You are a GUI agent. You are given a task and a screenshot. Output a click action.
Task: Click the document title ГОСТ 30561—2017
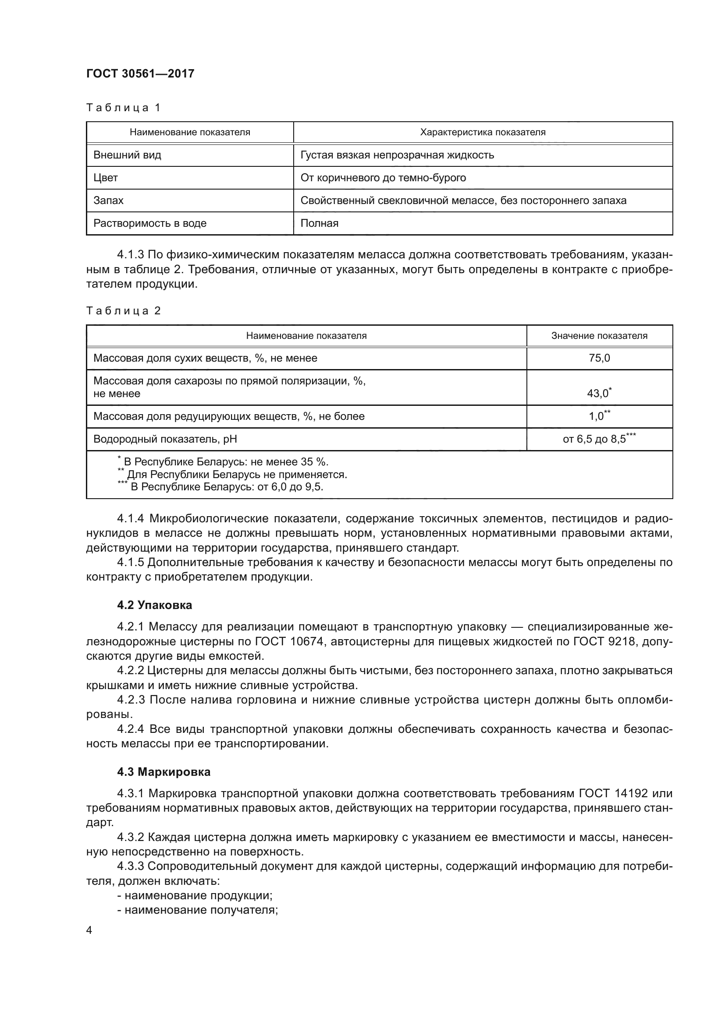point(140,74)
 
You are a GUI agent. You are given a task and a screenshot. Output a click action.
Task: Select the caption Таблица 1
point(123,108)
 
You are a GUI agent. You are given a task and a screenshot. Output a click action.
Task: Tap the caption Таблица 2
point(123,311)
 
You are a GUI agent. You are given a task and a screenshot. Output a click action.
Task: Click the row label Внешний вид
point(127,155)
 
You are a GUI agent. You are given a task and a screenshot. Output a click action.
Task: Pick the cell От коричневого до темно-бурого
point(383,178)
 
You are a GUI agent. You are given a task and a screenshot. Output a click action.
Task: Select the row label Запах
point(108,201)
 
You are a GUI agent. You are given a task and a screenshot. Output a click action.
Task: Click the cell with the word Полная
point(319,223)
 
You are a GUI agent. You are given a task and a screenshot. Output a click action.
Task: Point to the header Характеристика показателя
point(483,133)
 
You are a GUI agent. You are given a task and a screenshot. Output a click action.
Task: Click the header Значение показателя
point(599,336)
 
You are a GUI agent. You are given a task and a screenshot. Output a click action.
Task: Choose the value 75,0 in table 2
point(599,358)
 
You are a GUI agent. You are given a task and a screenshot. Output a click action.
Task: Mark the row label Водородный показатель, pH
point(165,439)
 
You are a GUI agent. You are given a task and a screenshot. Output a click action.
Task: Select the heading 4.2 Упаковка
point(154,605)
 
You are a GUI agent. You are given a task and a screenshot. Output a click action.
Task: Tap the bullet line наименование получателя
point(198,910)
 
